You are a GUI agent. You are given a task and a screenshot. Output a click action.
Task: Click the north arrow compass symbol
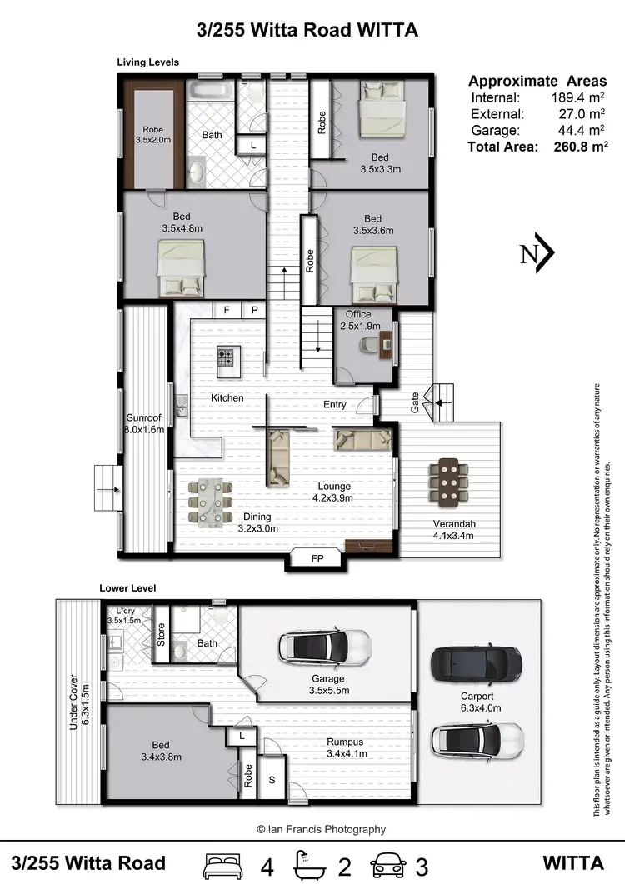click(x=537, y=253)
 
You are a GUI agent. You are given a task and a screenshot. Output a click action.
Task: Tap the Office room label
click(x=358, y=314)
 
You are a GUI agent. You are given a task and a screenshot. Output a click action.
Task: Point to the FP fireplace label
click(x=317, y=559)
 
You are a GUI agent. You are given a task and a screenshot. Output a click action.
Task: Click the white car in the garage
click(x=324, y=645)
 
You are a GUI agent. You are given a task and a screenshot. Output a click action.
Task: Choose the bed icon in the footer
click(x=222, y=863)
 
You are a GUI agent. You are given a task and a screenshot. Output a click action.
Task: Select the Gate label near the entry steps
click(x=415, y=404)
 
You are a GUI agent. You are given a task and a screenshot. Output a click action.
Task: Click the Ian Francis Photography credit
click(x=321, y=829)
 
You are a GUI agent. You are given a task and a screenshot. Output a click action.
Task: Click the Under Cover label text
click(x=73, y=702)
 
